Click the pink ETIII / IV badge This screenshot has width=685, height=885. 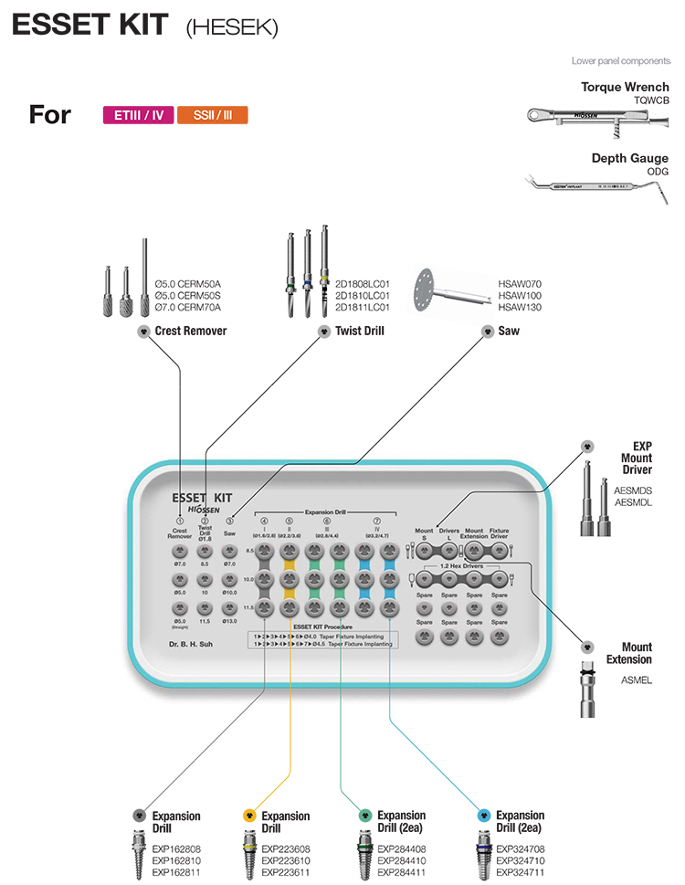point(139,115)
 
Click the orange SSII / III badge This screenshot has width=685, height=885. point(212,115)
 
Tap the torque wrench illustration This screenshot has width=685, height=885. point(597,117)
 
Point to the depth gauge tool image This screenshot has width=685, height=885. point(597,184)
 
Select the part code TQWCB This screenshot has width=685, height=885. point(651,100)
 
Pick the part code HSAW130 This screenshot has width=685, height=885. point(520,309)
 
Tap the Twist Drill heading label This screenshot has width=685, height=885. point(360,331)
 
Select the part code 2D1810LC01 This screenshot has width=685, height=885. point(363,296)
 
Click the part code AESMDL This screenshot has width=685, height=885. point(634,502)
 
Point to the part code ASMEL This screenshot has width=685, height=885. point(637,680)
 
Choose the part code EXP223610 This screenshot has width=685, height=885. point(285,860)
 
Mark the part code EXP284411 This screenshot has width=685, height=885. point(401,872)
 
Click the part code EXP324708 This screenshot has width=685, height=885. point(520,848)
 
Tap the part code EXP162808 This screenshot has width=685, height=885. point(176,848)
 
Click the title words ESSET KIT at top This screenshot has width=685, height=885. point(90,26)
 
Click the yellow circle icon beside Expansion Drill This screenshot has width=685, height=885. point(248,815)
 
